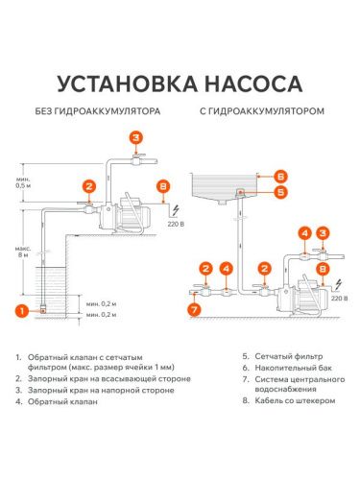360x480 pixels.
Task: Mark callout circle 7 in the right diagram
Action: (x=195, y=309)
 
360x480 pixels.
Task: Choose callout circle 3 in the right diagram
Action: (x=324, y=233)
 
